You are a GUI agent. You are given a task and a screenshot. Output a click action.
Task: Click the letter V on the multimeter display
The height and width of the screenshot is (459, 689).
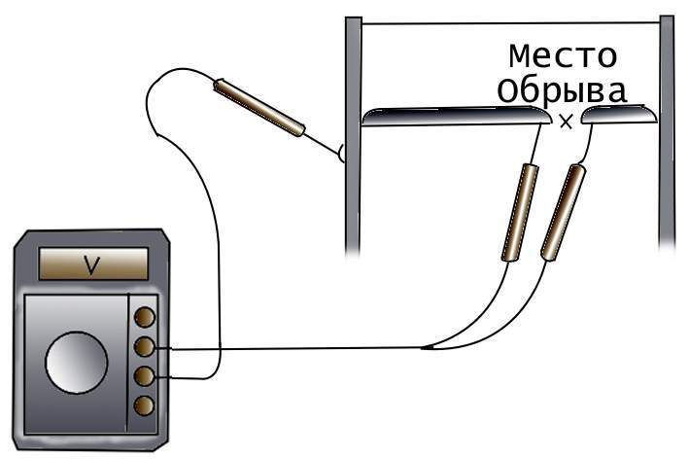pyautogui.click(x=92, y=265)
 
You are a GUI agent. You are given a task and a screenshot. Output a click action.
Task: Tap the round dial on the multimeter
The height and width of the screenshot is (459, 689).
pyautogui.click(x=77, y=363)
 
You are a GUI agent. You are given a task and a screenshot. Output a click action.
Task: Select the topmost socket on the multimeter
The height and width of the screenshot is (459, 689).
pyautogui.click(x=144, y=317)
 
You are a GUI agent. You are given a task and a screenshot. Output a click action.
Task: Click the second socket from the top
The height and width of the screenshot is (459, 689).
pyautogui.click(x=144, y=347)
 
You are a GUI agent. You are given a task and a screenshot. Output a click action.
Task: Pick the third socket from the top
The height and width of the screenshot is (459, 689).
pyautogui.click(x=144, y=376)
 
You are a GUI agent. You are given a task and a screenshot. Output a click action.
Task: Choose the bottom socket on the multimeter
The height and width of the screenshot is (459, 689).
pyautogui.click(x=144, y=406)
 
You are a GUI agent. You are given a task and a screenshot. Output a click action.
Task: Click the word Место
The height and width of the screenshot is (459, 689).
pyautogui.click(x=563, y=56)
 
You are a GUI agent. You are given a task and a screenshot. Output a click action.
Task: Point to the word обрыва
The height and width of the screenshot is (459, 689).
pyautogui.click(x=562, y=91)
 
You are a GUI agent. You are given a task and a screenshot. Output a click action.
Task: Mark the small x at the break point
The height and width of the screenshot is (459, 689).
pyautogui.click(x=566, y=122)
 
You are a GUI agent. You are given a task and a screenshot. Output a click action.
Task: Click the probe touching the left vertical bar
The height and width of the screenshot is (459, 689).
pyautogui.click(x=259, y=107)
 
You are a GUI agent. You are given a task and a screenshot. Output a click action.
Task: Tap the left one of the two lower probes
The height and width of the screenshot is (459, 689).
pyautogui.click(x=520, y=212)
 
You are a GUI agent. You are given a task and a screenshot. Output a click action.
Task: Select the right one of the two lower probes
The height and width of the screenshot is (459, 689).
pyautogui.click(x=564, y=212)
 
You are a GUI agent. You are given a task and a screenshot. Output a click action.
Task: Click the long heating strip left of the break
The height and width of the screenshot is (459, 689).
pyautogui.click(x=457, y=116)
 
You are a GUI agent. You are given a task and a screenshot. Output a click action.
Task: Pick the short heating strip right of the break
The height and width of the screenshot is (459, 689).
pyautogui.click(x=620, y=115)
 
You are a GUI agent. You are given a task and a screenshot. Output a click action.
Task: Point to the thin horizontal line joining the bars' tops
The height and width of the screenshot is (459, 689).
pyautogui.click(x=510, y=23)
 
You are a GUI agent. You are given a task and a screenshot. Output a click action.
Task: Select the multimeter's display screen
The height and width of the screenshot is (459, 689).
pyautogui.click(x=93, y=264)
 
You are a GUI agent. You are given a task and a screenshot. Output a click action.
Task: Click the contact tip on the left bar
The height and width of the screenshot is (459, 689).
pyautogui.click(x=341, y=153)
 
